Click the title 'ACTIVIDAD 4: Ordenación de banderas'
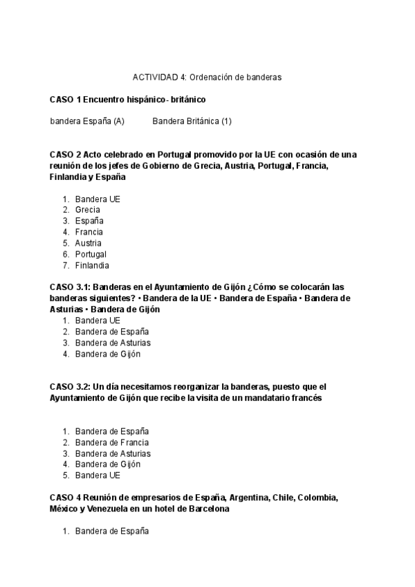(207, 78)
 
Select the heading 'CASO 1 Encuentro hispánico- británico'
(128, 100)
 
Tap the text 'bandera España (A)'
(87, 121)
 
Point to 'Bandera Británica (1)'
(192, 121)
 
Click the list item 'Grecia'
(88, 210)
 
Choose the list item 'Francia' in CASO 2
(89, 232)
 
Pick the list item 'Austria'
(89, 243)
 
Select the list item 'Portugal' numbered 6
(91, 254)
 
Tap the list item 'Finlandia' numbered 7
(92, 265)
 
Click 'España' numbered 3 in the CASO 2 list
(89, 221)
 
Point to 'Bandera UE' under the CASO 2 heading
(98, 199)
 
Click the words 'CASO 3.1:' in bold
(70, 287)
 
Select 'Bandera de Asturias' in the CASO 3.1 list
(113, 343)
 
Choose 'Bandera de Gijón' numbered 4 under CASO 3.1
(108, 354)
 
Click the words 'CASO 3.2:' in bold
(70, 387)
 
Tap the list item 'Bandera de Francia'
(112, 442)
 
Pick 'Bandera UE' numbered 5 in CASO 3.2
(98, 476)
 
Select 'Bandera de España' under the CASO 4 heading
(112, 531)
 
